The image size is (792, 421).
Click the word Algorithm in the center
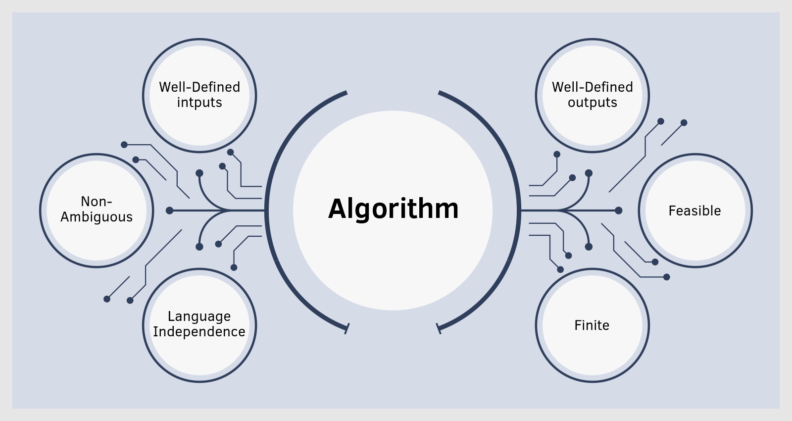click(394, 209)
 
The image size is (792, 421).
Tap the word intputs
click(199, 103)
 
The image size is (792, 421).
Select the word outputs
click(592, 103)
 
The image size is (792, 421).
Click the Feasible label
click(694, 211)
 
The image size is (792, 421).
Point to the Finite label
click(592, 325)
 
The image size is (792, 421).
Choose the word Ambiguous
click(97, 217)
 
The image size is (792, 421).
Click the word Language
click(199, 316)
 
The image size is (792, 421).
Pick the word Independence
click(199, 332)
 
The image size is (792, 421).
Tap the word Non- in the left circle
click(97, 202)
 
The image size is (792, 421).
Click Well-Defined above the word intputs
click(199, 87)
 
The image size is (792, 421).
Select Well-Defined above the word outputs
click(592, 87)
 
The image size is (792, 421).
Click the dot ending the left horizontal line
click(169, 210)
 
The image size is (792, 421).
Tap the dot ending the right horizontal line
click(618, 210)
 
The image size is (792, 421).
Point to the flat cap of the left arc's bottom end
click(347, 328)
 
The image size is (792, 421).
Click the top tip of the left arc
click(346, 92)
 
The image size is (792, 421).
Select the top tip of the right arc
click(439, 92)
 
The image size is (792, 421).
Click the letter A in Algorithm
click(338, 209)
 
